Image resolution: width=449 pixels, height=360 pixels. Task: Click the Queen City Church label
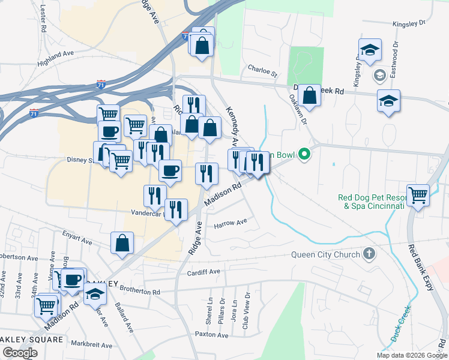325,254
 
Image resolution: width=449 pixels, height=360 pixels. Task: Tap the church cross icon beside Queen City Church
369,254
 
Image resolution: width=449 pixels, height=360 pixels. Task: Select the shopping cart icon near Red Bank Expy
418,194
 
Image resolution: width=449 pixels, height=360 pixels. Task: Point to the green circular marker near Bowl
304,155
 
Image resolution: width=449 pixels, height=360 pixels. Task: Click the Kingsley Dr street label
408,24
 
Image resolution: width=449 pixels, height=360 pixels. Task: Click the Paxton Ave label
211,334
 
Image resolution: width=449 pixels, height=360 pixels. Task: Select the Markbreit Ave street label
91,345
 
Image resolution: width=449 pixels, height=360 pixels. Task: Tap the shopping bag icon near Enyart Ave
122,243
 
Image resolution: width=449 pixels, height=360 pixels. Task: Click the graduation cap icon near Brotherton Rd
95,294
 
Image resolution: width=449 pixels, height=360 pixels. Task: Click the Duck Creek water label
401,324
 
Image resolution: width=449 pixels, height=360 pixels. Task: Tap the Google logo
20,353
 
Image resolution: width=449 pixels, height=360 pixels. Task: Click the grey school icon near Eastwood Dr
379,75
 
